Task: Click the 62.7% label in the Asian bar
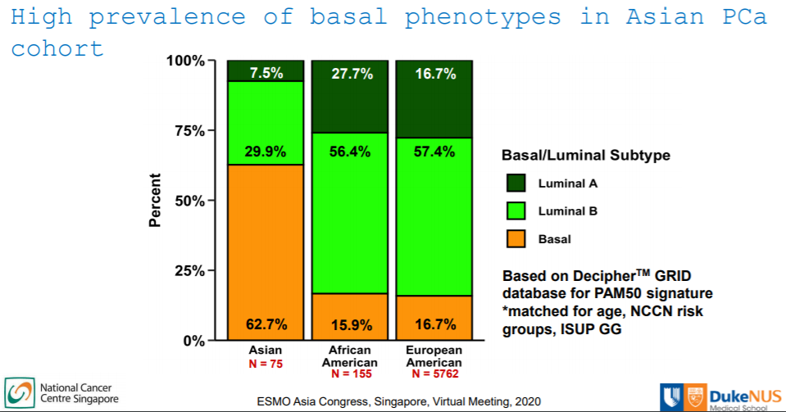[266, 324]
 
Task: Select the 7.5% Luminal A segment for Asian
[266, 71]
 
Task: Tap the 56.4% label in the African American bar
[352, 152]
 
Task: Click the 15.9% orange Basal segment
[352, 316]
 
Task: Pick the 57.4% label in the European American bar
[434, 152]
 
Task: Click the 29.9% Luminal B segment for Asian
[266, 123]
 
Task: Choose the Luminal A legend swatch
[517, 183]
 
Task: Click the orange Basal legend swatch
[517, 239]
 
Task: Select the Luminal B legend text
[568, 211]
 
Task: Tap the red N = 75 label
[266, 363]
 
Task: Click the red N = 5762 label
[434, 374]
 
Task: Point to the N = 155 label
[352, 374]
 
